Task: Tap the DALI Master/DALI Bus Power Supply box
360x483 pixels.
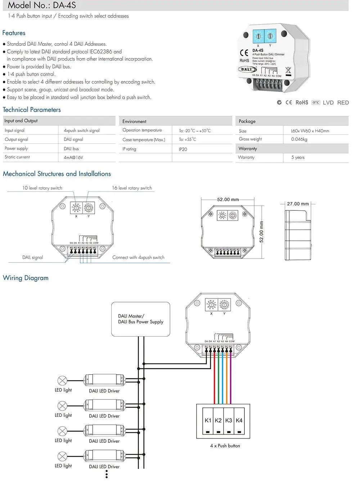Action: [141, 319]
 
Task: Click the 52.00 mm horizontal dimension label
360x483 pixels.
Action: [228, 199]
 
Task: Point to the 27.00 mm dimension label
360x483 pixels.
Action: [298, 204]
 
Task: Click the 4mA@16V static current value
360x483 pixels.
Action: [73, 158]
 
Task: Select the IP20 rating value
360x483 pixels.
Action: [183, 149]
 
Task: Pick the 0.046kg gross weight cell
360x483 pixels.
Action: [299, 139]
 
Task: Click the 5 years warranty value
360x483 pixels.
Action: [298, 157]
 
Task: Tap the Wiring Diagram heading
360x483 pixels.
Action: [26, 278]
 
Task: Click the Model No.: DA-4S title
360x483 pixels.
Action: [42, 5]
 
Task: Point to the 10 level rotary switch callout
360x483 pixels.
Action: [42, 188]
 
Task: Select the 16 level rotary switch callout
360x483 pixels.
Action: [132, 188]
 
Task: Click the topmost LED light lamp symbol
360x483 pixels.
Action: [62, 380]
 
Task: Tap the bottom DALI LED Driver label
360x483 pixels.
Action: [104, 466]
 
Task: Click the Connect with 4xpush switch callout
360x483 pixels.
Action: [138, 258]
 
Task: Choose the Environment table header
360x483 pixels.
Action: [134, 122]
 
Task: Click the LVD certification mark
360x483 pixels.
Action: [328, 102]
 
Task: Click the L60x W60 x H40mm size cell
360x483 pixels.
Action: [310, 131]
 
